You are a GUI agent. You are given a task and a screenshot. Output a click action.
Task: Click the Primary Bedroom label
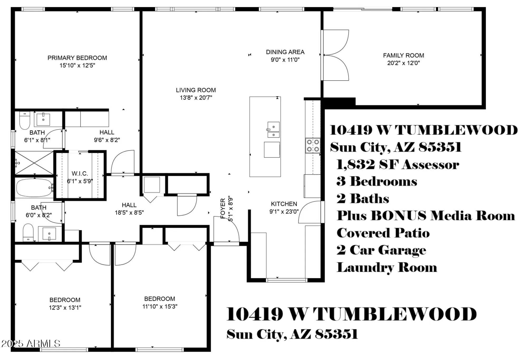tap(77, 58)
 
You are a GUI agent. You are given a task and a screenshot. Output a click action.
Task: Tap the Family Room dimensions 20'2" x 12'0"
tap(403, 63)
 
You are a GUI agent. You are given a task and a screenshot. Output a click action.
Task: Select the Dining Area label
tap(285, 52)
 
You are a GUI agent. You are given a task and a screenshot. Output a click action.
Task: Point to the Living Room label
tap(196, 90)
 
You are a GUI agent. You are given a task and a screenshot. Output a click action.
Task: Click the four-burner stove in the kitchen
tap(313, 145)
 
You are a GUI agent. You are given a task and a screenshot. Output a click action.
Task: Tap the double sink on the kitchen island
tap(274, 130)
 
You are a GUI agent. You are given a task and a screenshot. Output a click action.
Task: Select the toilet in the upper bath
tap(25, 120)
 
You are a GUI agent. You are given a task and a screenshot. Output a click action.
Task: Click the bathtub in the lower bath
tap(34, 188)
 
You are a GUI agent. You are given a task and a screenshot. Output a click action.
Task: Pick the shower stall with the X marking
tap(34, 163)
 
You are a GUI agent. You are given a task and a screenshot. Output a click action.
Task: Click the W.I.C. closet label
tap(80, 174)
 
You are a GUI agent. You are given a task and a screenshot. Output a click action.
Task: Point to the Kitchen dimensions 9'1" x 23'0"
tap(284, 212)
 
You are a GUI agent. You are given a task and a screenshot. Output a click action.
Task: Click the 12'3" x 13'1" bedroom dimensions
tap(65, 308)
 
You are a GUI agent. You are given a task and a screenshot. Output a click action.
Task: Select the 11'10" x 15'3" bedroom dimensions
tap(160, 307)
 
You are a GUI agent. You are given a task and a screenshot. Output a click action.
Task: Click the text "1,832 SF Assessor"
tap(398, 165)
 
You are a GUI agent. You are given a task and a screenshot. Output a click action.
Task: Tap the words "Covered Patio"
tap(383, 233)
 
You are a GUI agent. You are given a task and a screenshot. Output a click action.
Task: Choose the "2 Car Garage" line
tap(381, 250)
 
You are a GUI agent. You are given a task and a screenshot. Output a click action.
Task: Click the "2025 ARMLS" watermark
tap(31, 343)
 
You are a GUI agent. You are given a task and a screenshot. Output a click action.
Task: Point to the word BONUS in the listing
tap(398, 216)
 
